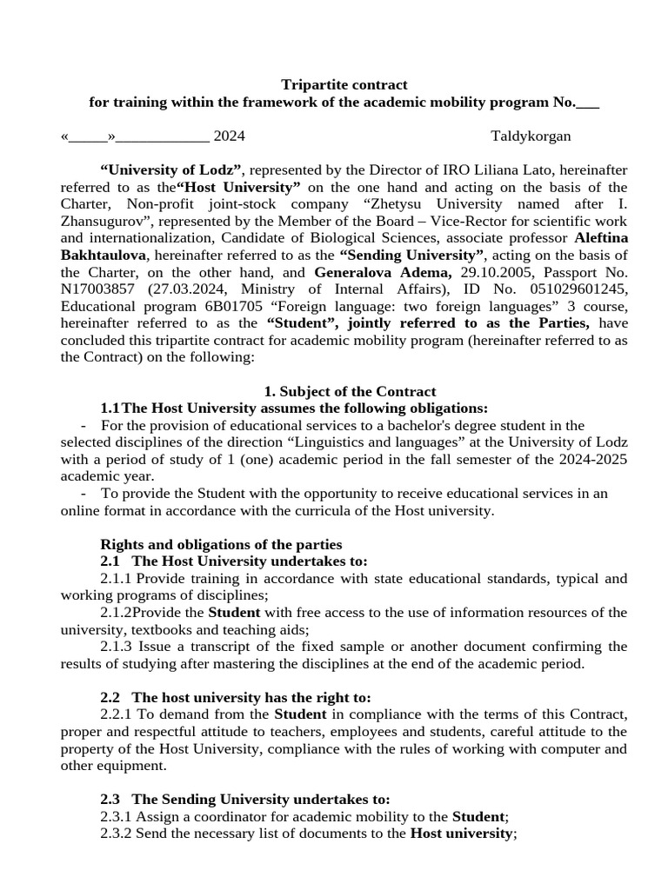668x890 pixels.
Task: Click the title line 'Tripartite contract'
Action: point(344,84)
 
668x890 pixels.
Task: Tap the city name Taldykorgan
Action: point(531,136)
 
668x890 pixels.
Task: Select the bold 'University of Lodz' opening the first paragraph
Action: point(172,169)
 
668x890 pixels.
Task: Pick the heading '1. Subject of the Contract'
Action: point(350,391)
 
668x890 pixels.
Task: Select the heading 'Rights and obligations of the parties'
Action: point(221,544)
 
